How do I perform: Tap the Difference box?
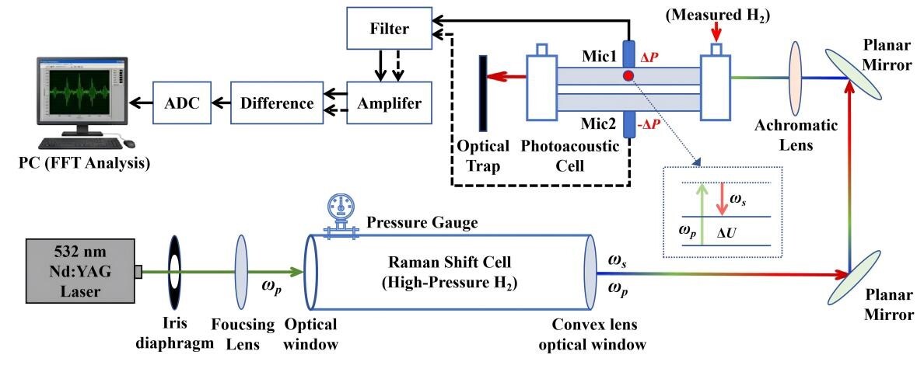[276, 103]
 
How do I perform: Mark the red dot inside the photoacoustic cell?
[627, 76]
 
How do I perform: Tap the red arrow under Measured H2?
[716, 31]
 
